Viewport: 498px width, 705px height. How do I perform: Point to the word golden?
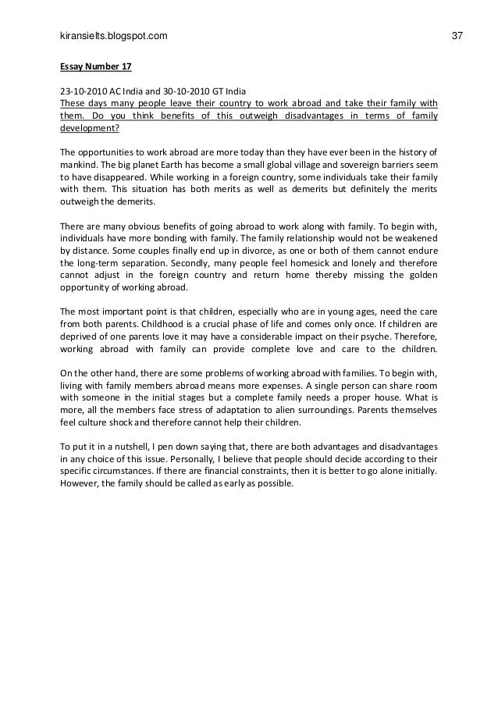419,275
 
